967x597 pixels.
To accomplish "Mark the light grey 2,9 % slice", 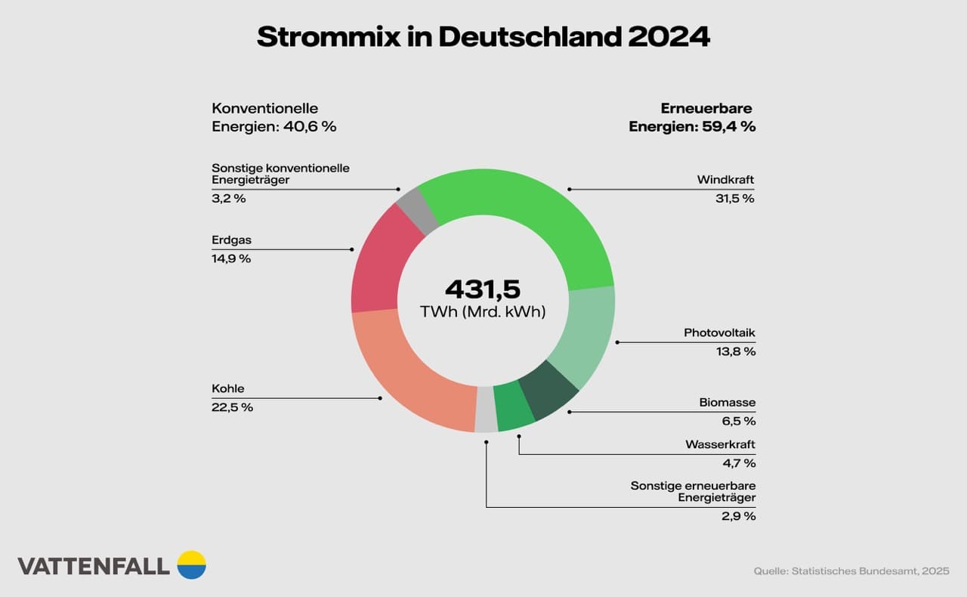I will (x=486, y=413).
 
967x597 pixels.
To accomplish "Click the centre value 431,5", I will (x=483, y=289).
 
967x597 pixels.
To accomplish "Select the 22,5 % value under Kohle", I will (x=232, y=407).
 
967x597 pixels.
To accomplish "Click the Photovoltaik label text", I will (x=719, y=333).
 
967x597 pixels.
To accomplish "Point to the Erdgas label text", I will (x=231, y=240).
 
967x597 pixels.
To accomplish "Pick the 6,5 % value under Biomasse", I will (x=738, y=421).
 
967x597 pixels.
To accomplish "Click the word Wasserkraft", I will (x=720, y=444).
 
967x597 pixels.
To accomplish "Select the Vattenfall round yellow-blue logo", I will (x=191, y=565).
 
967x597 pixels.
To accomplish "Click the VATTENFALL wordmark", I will (x=94, y=567).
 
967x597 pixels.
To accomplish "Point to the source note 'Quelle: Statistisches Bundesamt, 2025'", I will (x=851, y=571).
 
